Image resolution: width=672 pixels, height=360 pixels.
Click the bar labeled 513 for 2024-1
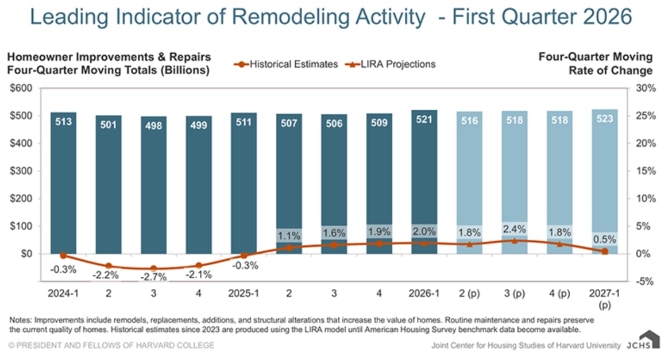click(x=63, y=183)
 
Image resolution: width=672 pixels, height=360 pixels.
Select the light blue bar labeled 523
click(x=605, y=181)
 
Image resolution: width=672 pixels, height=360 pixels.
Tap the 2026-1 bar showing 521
click(x=424, y=181)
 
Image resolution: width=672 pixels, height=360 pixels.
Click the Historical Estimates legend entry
click(x=286, y=64)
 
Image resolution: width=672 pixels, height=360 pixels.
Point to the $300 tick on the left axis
click(x=21, y=171)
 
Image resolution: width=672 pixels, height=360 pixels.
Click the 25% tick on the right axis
click(x=646, y=116)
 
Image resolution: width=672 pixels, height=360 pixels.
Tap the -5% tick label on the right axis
click(x=646, y=281)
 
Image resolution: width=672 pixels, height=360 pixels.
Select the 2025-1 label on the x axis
click(x=244, y=293)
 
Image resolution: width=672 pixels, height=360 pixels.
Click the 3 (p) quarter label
click(x=514, y=293)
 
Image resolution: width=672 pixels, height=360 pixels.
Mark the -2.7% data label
click(x=153, y=277)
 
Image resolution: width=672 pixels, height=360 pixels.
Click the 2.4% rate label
click(x=514, y=229)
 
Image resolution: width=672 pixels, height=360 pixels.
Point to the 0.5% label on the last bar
click(x=605, y=239)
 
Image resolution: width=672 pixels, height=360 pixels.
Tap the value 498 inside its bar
click(x=153, y=126)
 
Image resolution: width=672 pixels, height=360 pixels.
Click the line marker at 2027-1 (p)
click(x=605, y=251)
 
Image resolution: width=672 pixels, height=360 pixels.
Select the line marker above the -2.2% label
click(x=109, y=266)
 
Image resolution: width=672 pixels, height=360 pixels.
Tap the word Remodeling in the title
click(x=329, y=17)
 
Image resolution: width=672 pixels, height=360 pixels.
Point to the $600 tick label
click(x=21, y=88)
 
